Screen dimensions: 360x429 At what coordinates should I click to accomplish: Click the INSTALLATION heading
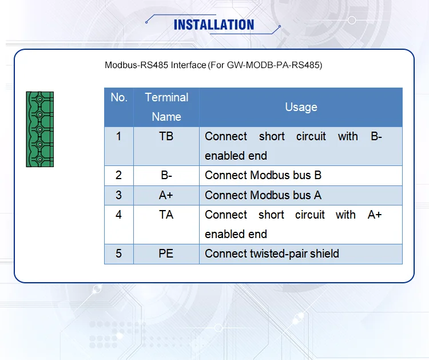(x=213, y=25)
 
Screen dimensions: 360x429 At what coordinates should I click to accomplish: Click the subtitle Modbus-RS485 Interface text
(x=213, y=65)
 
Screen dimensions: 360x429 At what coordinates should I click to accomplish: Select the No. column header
(x=119, y=98)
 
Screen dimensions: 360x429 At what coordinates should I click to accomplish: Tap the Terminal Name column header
(x=166, y=106)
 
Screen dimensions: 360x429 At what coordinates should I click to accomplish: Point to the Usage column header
(x=301, y=107)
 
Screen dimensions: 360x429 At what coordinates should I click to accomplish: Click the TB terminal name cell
(x=166, y=137)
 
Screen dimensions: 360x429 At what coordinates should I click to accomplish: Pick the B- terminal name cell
(x=166, y=175)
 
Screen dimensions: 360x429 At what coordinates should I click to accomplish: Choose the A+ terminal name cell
(x=166, y=195)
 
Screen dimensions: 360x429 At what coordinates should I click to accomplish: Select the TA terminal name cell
(x=166, y=215)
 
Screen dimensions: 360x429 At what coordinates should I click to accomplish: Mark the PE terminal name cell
(x=166, y=254)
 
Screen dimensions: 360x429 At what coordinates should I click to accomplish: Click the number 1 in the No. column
(x=119, y=137)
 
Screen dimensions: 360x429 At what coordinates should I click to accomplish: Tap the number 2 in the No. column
(x=119, y=175)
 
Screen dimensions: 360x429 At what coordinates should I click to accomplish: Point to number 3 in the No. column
(x=119, y=195)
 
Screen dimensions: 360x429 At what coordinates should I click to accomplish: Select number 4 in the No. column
(x=119, y=215)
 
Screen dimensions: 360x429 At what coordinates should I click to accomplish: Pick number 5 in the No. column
(x=119, y=254)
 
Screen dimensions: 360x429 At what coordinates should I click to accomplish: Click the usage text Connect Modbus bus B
(x=263, y=175)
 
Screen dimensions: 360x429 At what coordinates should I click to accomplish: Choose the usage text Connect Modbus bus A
(x=263, y=195)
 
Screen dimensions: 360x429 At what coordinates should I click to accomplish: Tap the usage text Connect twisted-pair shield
(x=272, y=254)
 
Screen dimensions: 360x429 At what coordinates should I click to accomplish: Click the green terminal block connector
(x=39, y=129)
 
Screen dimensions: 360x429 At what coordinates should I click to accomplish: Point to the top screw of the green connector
(x=39, y=100)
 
